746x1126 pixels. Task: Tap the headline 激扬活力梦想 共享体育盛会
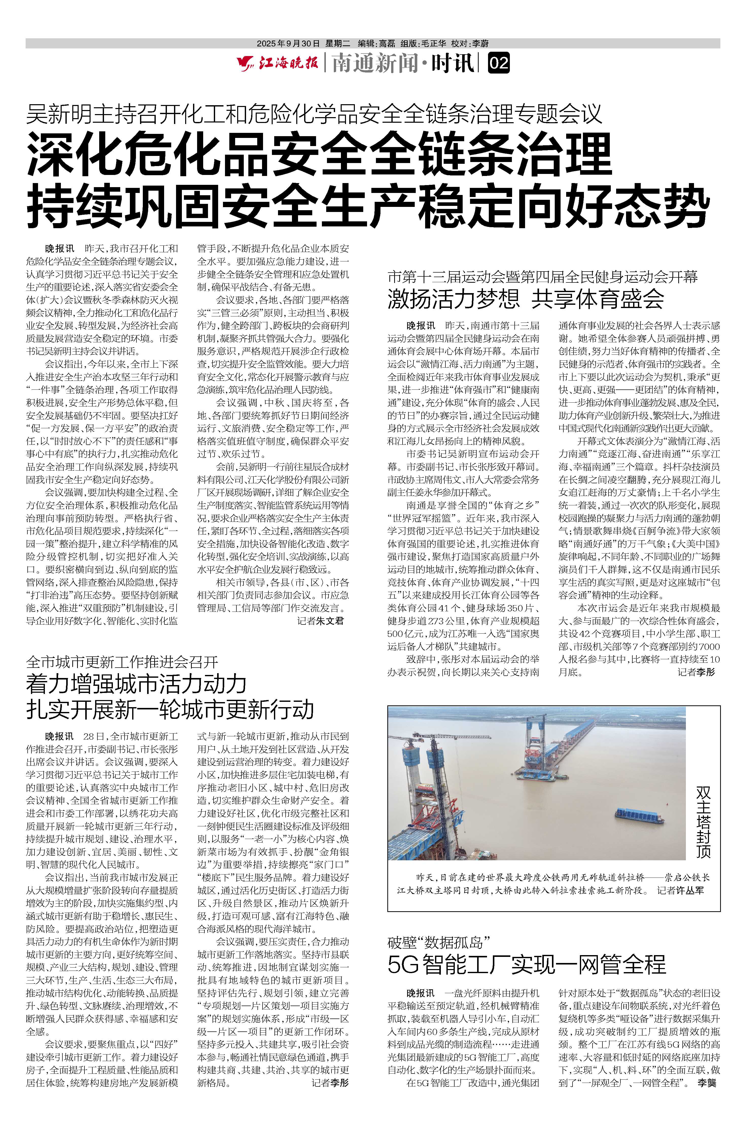(x=526, y=298)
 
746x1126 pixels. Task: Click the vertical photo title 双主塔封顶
(x=703, y=821)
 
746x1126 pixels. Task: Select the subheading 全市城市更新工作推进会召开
(x=122, y=662)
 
